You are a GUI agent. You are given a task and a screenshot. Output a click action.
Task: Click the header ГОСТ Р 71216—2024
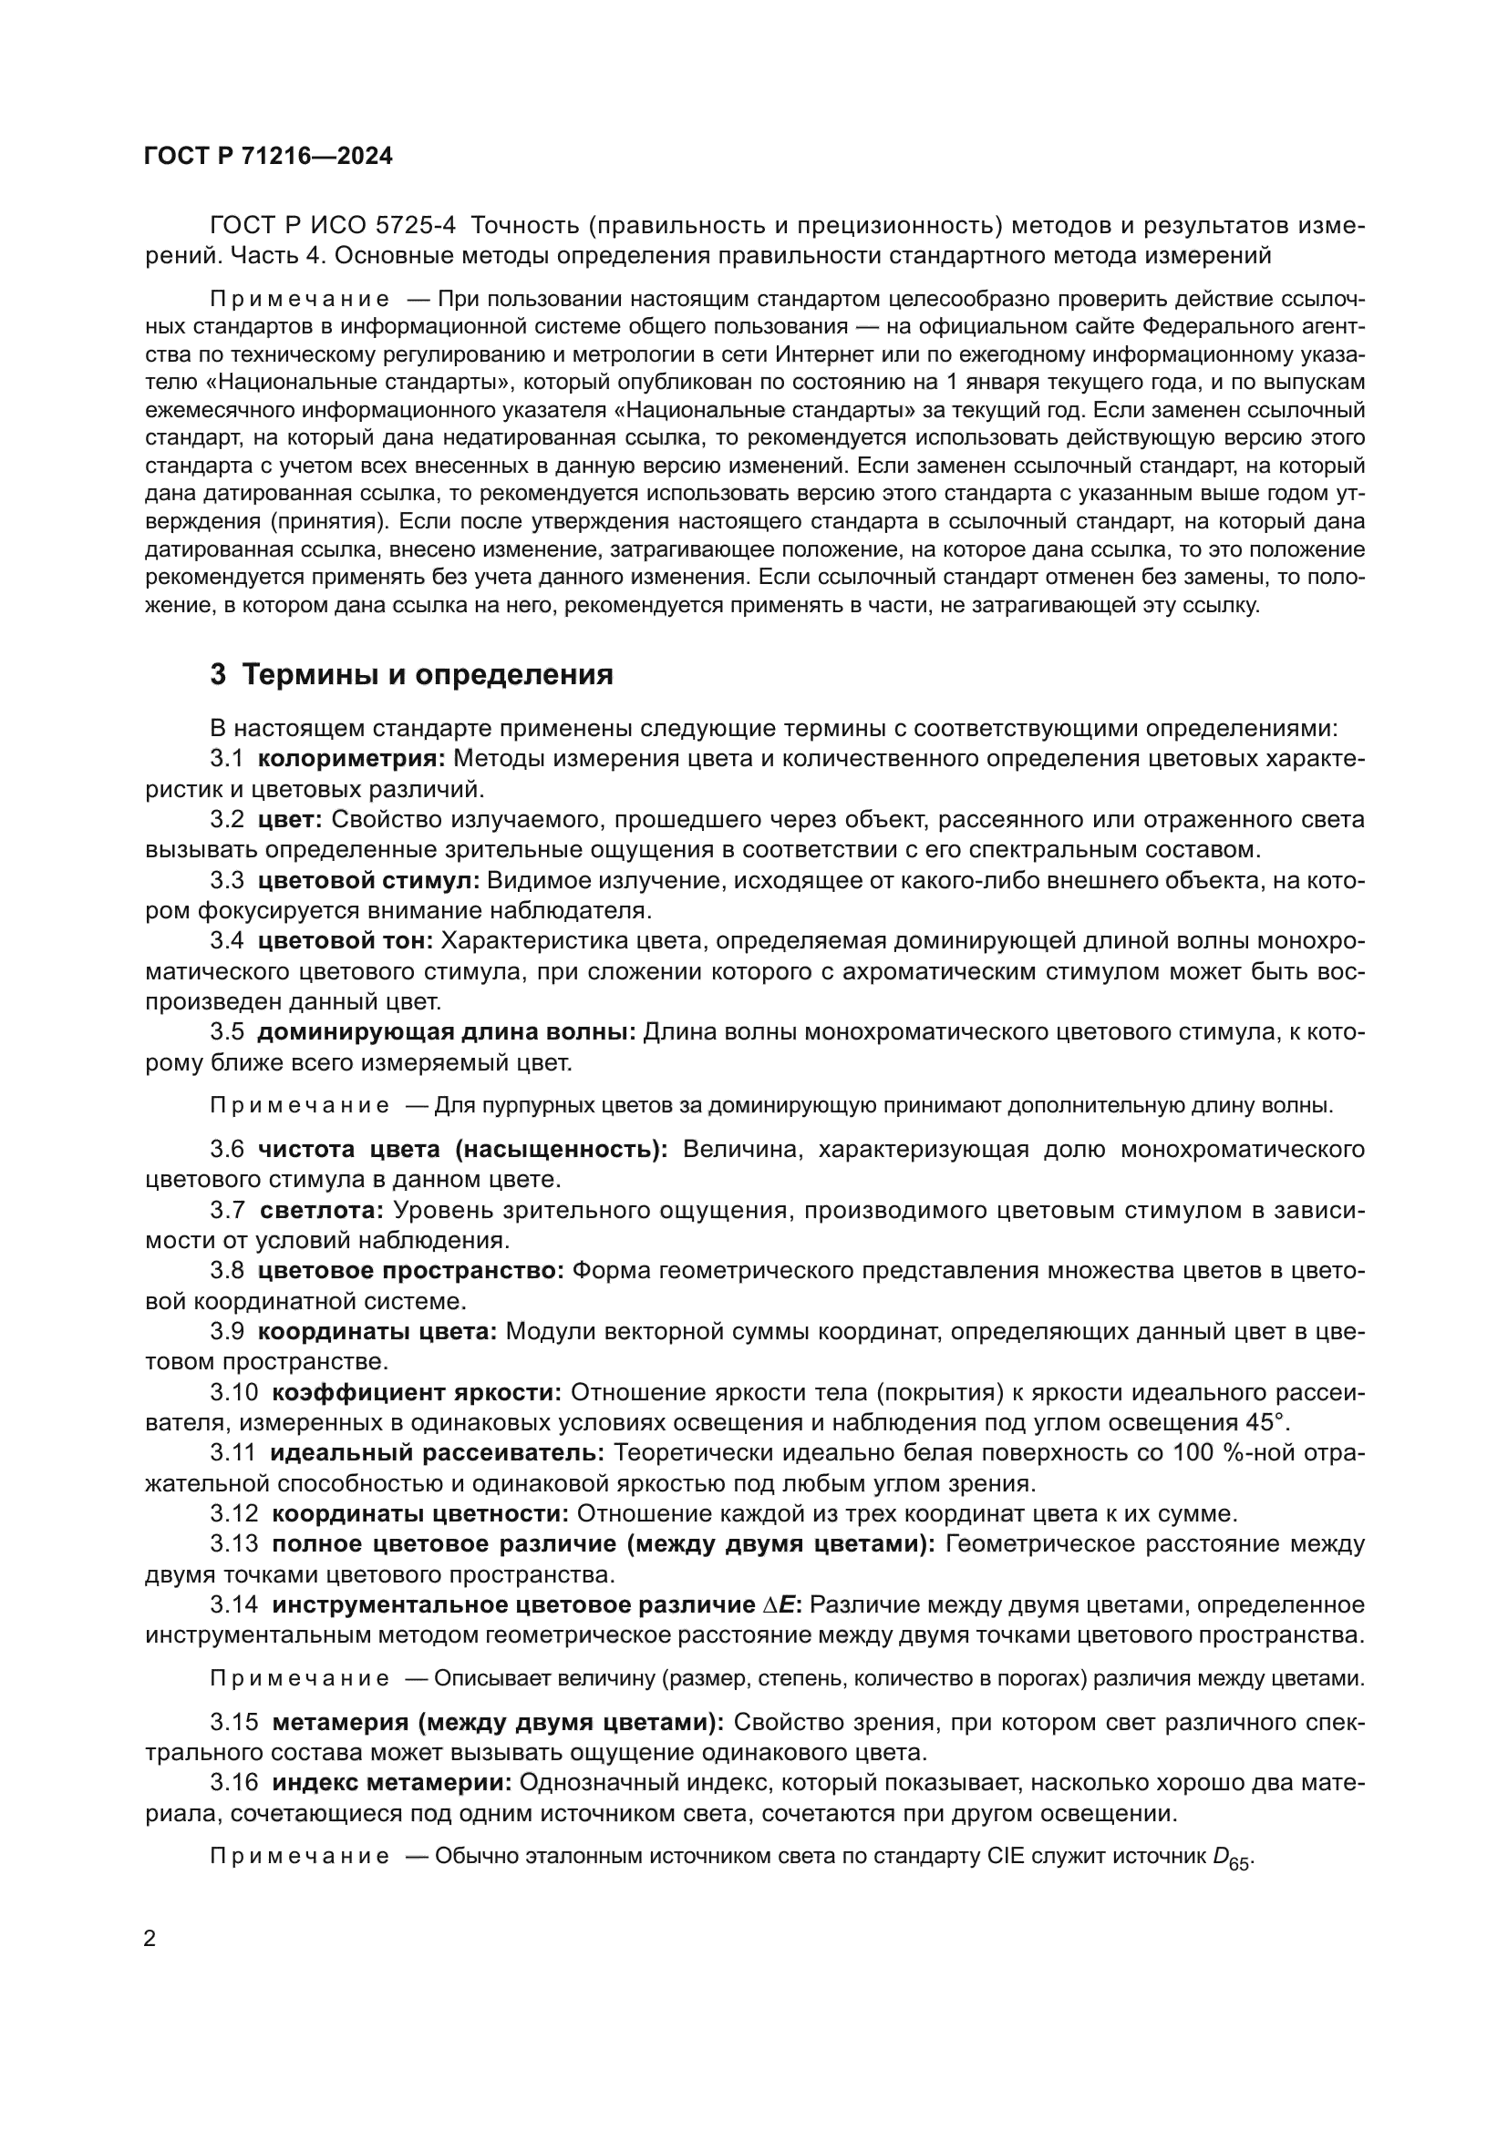268,156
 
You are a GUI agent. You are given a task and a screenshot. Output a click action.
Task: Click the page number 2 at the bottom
150,1939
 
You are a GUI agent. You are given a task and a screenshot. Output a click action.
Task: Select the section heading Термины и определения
427,675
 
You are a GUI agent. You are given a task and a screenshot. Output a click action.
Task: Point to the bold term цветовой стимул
368,880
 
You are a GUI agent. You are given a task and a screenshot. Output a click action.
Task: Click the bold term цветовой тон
346,940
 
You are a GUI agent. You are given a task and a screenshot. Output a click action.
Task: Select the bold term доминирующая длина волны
447,1032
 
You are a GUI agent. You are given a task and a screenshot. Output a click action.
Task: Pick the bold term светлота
322,1210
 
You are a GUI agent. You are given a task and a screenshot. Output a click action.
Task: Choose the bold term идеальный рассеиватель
439,1452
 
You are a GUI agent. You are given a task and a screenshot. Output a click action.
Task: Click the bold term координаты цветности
420,1514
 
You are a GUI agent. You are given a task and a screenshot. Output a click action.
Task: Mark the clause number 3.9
227,1332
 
